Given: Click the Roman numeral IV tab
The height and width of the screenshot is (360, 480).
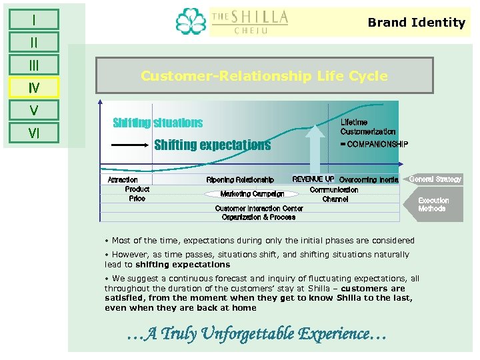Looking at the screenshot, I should [34, 87].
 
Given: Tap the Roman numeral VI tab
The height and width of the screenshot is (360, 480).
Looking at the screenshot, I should [34, 133].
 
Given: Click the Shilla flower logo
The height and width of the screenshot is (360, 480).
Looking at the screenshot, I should [191, 23].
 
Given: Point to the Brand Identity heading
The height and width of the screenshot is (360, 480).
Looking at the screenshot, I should [416, 23].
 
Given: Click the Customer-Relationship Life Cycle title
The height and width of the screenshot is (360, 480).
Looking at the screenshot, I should [264, 76].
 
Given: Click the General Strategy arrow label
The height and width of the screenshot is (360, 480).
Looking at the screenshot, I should [434, 179].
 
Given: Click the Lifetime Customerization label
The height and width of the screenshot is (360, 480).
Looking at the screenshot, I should [367, 127].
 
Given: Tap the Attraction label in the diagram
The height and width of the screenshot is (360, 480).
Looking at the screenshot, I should [123, 180].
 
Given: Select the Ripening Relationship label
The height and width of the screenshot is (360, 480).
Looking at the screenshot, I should [240, 180].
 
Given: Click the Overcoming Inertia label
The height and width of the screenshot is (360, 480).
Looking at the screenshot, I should [368, 180].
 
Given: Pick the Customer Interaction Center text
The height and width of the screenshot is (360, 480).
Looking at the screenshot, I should [259, 209].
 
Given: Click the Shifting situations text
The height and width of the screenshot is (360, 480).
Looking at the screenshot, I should [158, 123].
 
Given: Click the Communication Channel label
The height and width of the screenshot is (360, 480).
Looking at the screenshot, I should [334, 194].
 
